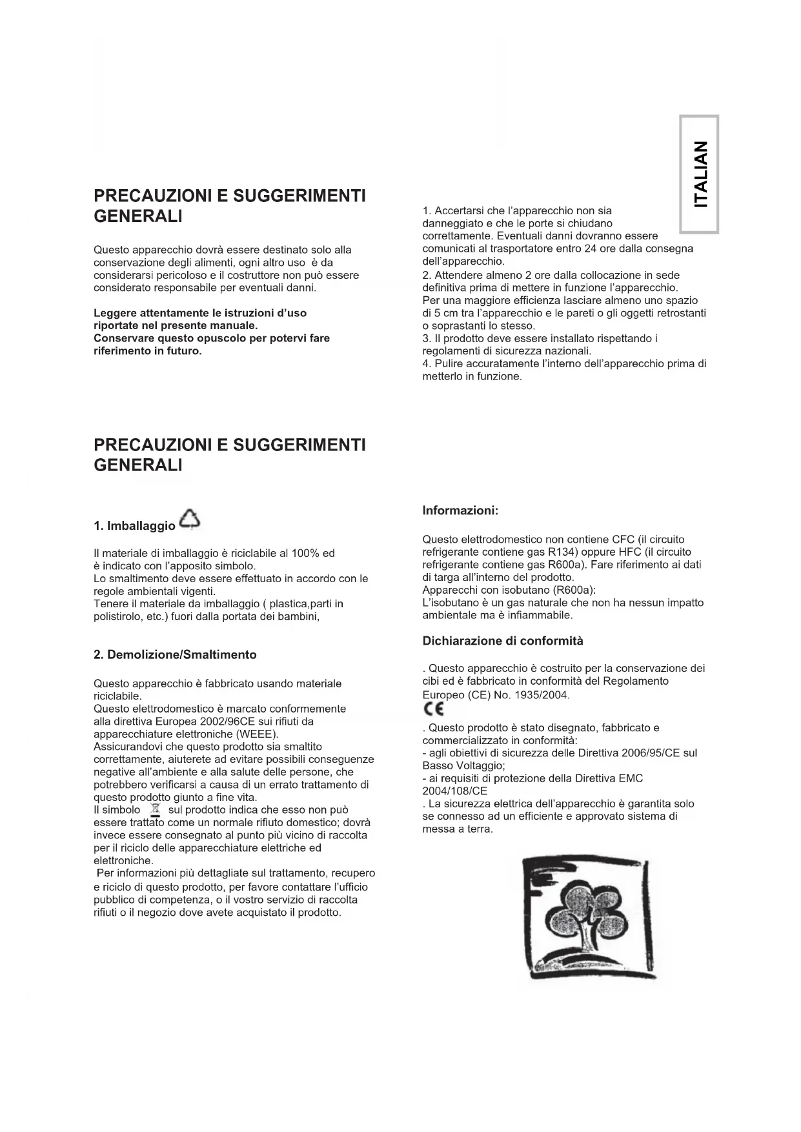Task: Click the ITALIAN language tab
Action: [x=700, y=174]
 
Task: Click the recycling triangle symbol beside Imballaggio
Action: [x=190, y=520]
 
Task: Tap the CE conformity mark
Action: [x=433, y=710]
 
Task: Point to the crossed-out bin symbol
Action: [x=154, y=809]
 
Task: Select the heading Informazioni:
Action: [x=460, y=510]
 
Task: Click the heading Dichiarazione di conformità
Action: [x=503, y=641]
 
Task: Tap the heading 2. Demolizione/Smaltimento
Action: [x=175, y=654]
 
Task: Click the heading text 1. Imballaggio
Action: [x=134, y=526]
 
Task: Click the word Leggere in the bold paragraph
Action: [x=114, y=313]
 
